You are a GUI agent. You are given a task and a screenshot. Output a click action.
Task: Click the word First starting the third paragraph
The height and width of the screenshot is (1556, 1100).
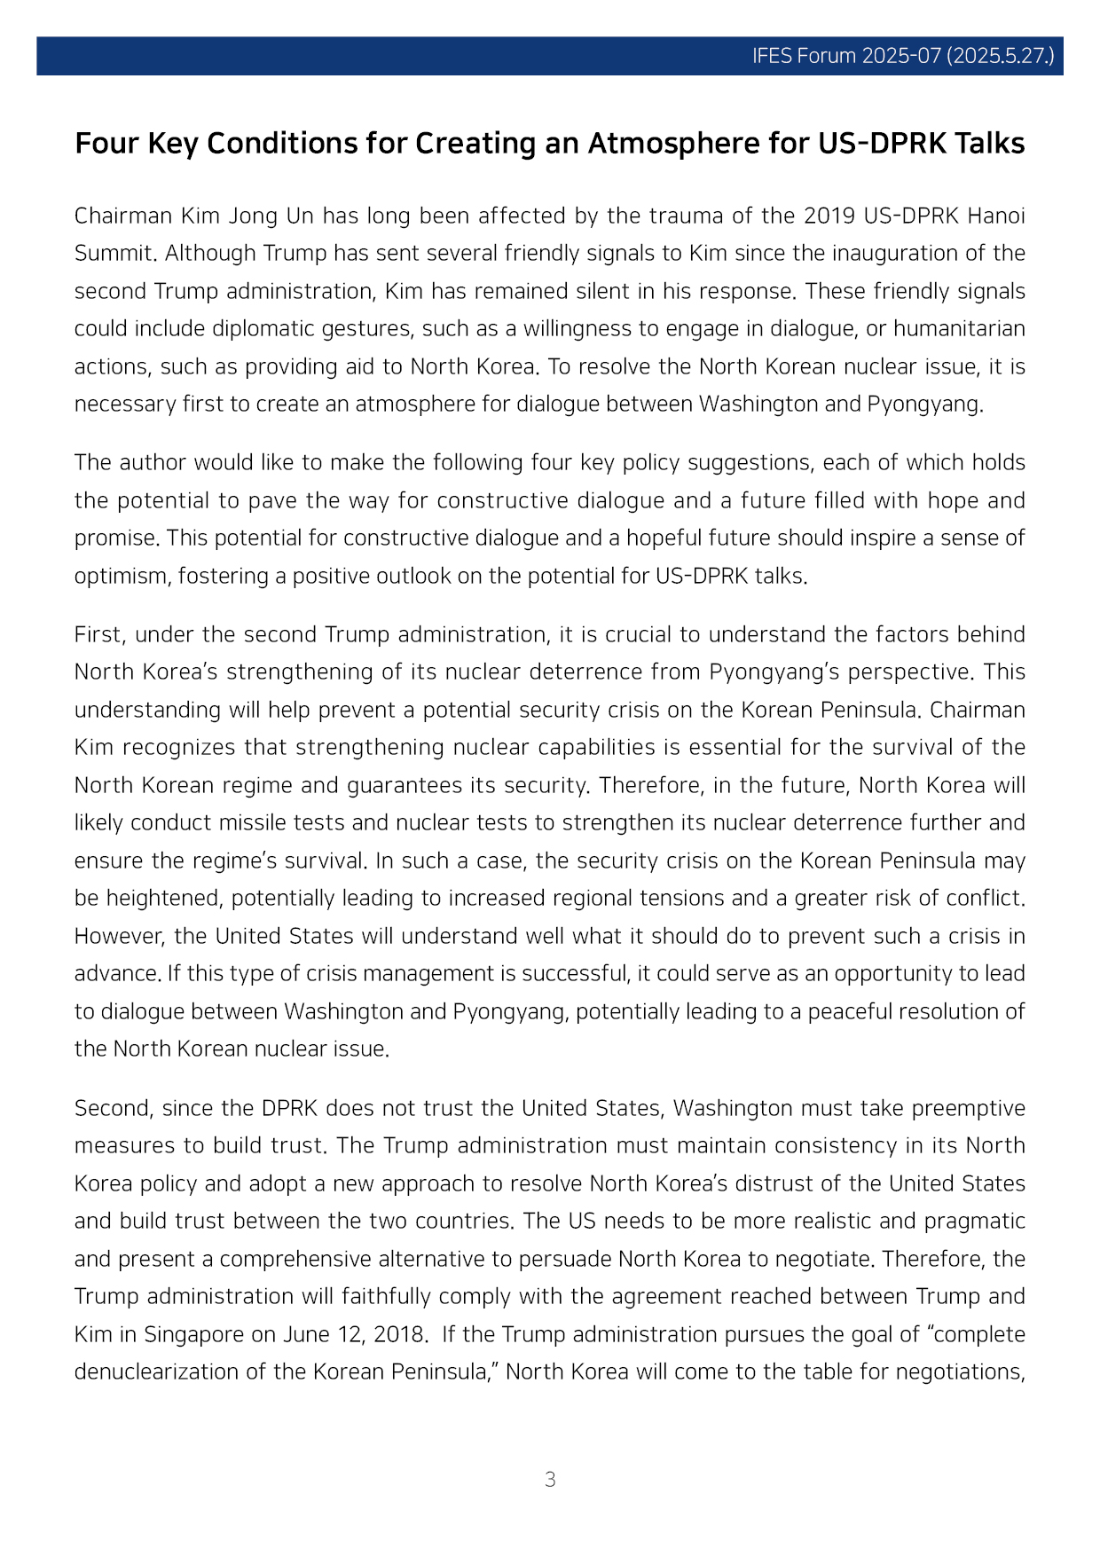(100, 634)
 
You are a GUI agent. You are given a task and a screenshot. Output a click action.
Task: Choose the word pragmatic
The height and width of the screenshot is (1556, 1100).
(975, 1221)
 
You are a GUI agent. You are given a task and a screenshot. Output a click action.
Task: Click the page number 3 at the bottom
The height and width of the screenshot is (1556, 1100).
(550, 1479)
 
